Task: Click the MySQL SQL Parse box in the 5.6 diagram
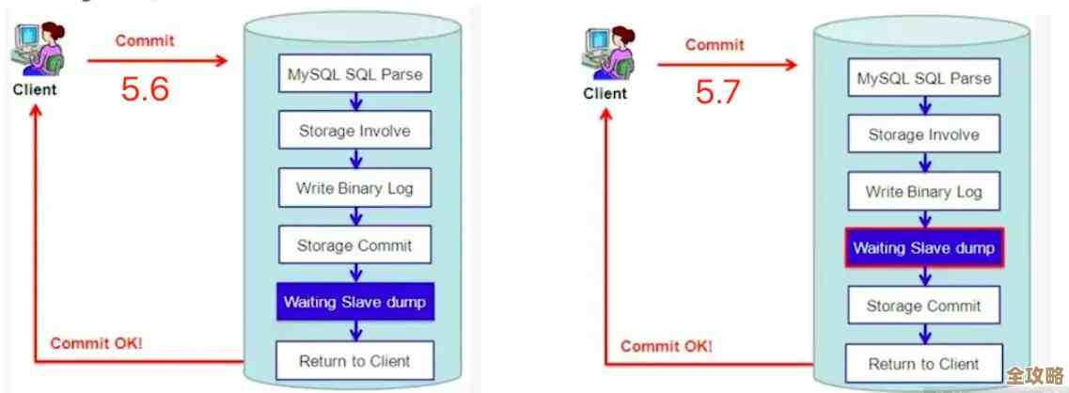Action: tap(354, 73)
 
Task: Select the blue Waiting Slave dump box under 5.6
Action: tap(354, 303)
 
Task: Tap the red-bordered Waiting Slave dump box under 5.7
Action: tap(923, 249)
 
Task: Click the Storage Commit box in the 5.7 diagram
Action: tap(923, 307)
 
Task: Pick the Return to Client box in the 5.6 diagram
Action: tap(354, 360)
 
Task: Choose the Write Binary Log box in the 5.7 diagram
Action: tap(923, 192)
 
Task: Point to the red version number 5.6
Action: tap(145, 89)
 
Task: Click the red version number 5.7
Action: tap(717, 92)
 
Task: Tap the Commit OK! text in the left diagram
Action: tap(96, 343)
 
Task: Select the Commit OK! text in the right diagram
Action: tap(666, 346)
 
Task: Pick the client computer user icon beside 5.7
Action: tap(606, 53)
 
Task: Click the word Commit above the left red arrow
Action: tap(145, 41)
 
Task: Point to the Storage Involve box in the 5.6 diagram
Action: tap(354, 131)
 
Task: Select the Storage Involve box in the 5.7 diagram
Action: tap(923, 134)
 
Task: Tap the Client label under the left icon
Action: tap(35, 90)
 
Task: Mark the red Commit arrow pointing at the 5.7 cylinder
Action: tap(726, 65)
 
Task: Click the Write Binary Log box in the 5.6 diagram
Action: tap(354, 188)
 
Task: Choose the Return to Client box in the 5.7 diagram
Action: tap(923, 364)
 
